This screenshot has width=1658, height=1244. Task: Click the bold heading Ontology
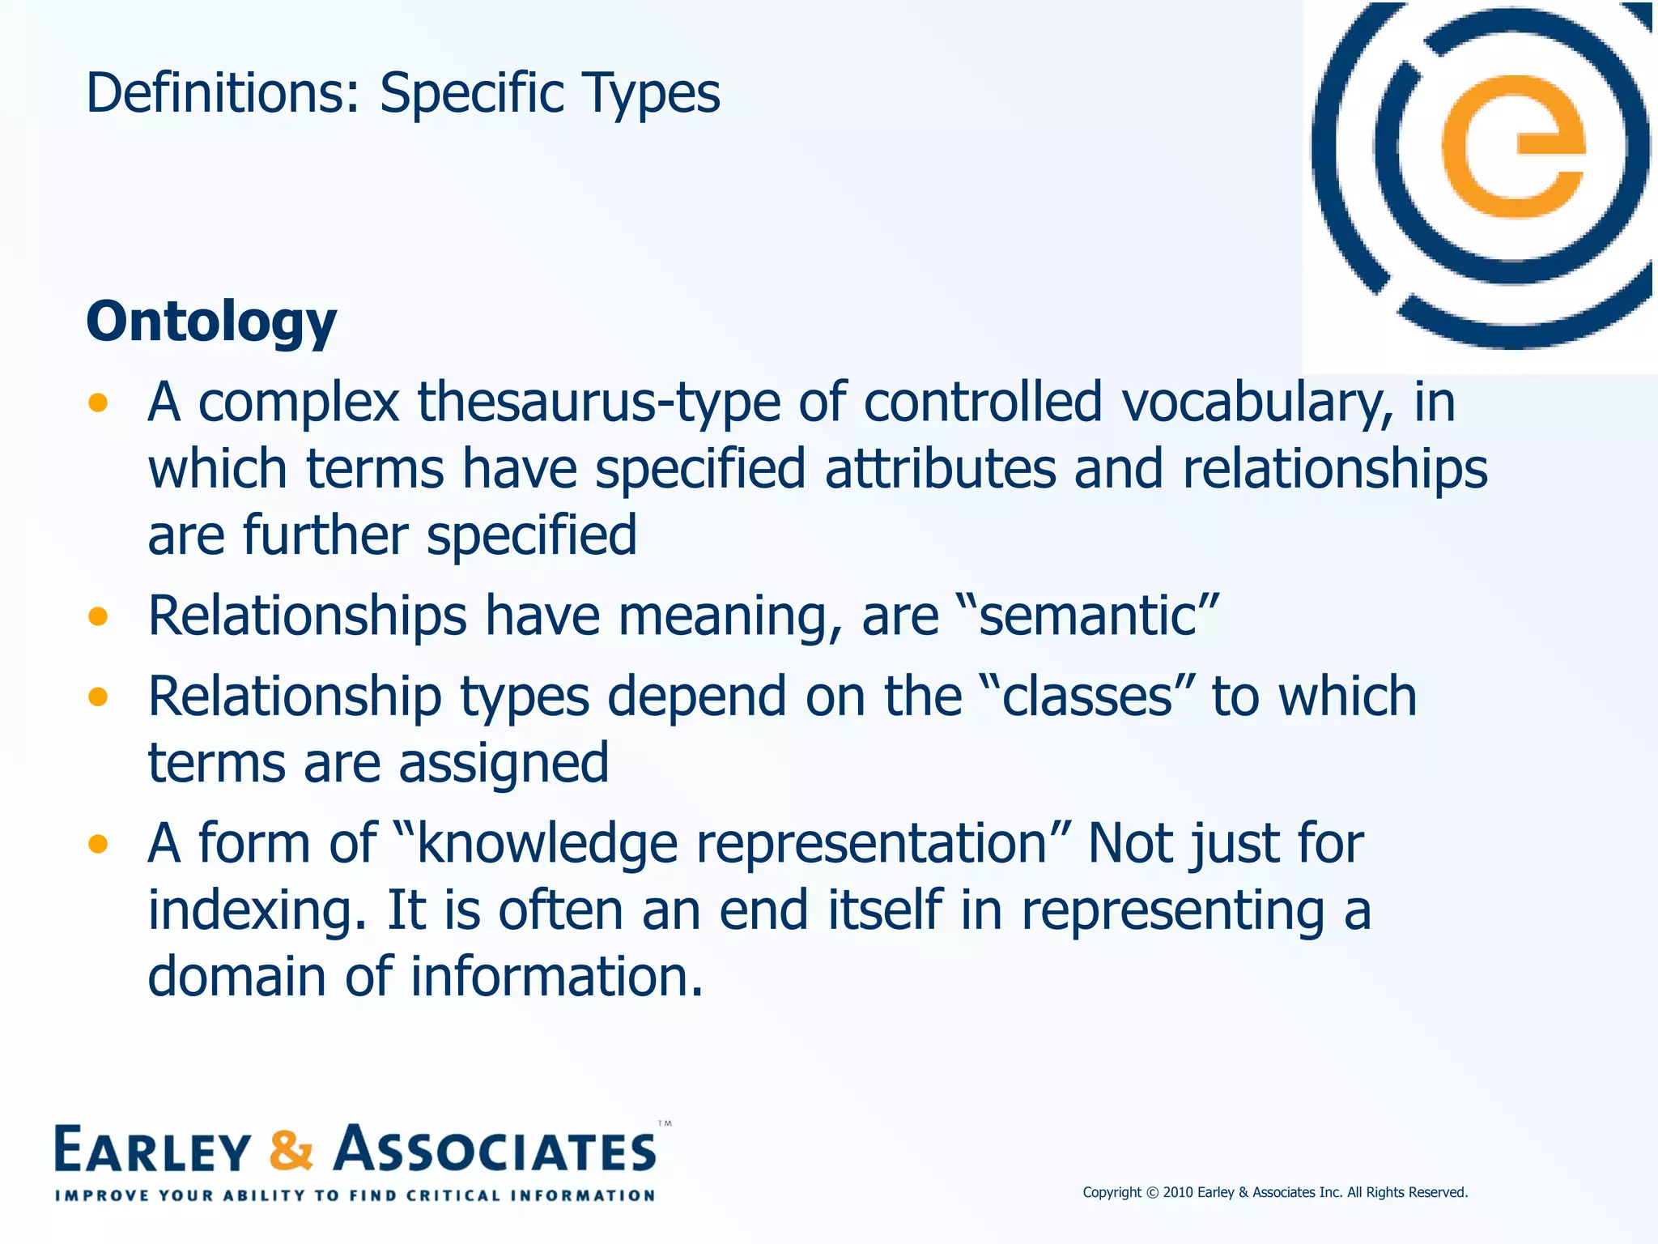pyautogui.click(x=211, y=322)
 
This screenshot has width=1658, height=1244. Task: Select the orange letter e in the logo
pyautogui.click(x=1512, y=147)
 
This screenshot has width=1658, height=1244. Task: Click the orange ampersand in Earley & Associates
pyautogui.click(x=291, y=1150)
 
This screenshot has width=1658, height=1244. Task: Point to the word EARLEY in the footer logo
pyautogui.click(x=152, y=1150)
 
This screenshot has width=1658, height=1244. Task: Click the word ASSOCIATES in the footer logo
pyautogui.click(x=495, y=1150)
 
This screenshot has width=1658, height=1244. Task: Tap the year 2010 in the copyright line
pyautogui.click(x=1178, y=1192)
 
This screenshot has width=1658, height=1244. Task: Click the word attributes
pyautogui.click(x=940, y=469)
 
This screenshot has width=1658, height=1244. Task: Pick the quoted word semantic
pyautogui.click(x=1087, y=616)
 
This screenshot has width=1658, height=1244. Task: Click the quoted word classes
pyautogui.click(x=1086, y=697)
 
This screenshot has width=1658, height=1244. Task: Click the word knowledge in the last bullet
pyautogui.click(x=546, y=844)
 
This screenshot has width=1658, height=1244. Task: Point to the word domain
pyautogui.click(x=237, y=976)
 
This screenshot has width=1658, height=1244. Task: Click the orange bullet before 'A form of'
pyautogui.click(x=98, y=845)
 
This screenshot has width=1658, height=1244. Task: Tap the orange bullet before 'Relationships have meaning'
pyautogui.click(x=98, y=617)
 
